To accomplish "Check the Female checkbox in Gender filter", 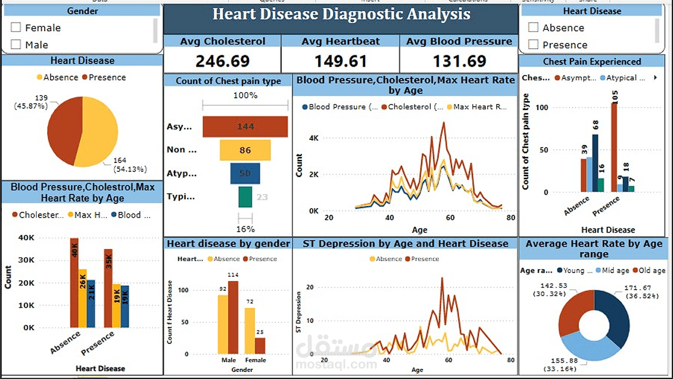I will (16, 27).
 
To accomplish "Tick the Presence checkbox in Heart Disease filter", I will (534, 45).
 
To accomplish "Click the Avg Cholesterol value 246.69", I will (223, 61).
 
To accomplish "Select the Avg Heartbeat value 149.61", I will (340, 61).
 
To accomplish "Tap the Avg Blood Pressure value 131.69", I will (459, 61).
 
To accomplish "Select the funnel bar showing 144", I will (245, 126).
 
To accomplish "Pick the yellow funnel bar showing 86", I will (245, 150).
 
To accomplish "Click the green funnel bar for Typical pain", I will (245, 197).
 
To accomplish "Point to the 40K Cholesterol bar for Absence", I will (74, 283).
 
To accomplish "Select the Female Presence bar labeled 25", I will (260, 346).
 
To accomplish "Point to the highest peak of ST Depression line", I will (442, 278).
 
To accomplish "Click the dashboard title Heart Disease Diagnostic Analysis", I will (341, 14).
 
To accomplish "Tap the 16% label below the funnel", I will (245, 228).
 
